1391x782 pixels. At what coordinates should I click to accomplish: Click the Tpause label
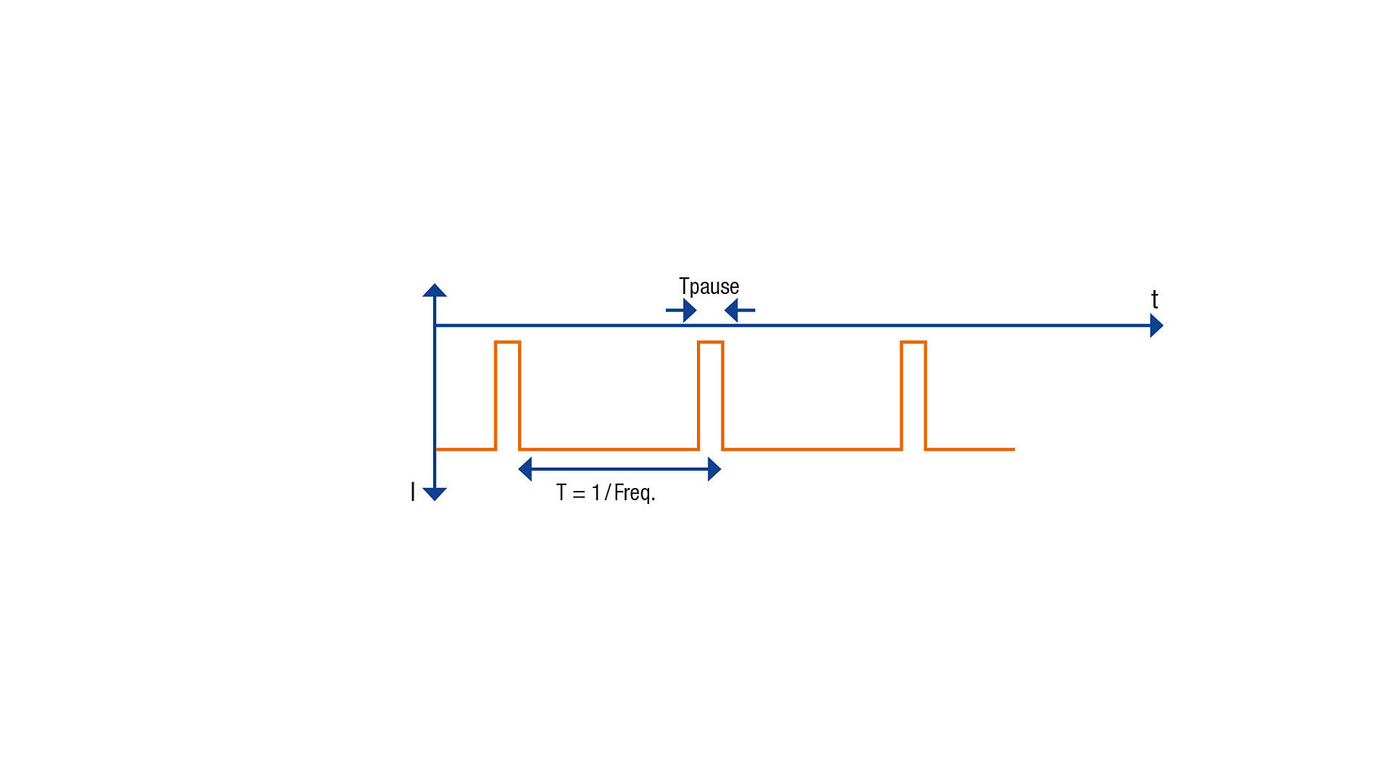pyautogui.click(x=709, y=287)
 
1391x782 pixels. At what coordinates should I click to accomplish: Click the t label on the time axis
pyautogui.click(x=1155, y=299)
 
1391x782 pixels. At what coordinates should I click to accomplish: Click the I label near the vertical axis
pyautogui.click(x=413, y=492)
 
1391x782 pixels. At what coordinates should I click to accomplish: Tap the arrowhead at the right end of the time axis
pyautogui.click(x=1157, y=326)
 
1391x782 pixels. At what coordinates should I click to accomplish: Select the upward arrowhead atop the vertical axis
pyautogui.click(x=435, y=290)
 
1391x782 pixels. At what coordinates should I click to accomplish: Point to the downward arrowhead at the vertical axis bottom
pyautogui.click(x=435, y=495)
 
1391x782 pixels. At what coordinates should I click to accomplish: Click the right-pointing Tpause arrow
pyautogui.click(x=681, y=311)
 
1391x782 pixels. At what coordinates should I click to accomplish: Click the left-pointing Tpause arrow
pyautogui.click(x=740, y=311)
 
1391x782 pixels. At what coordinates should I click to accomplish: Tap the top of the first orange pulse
pyautogui.click(x=507, y=342)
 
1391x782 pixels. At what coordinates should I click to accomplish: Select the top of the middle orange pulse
pyautogui.click(x=711, y=342)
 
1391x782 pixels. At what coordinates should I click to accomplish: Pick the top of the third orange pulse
pyautogui.click(x=914, y=342)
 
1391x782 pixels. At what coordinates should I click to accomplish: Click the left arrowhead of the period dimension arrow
pyautogui.click(x=525, y=469)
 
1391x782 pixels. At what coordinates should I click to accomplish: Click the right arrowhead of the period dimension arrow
pyautogui.click(x=714, y=469)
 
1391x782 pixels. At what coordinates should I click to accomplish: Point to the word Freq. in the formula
pyautogui.click(x=635, y=494)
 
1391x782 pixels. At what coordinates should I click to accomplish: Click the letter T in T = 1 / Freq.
pyautogui.click(x=561, y=492)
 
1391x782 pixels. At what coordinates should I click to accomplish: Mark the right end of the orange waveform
pyautogui.click(x=1014, y=450)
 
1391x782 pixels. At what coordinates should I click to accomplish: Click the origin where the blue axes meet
pyautogui.click(x=435, y=326)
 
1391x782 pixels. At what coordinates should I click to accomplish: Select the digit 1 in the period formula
pyautogui.click(x=596, y=492)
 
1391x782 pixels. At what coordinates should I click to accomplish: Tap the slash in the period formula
pyautogui.click(x=607, y=493)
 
